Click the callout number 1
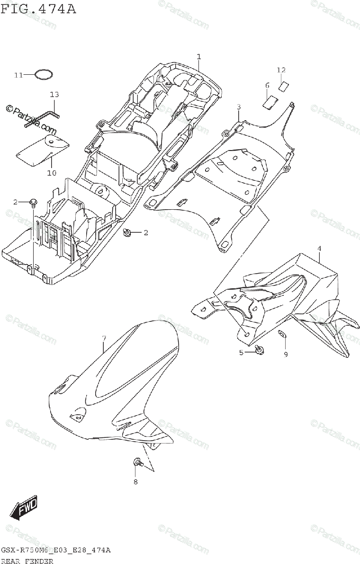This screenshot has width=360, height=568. point(199,57)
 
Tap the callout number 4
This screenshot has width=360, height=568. point(319,248)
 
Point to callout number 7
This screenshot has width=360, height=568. point(104,337)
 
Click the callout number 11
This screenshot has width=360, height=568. point(18,75)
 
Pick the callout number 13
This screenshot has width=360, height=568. point(54,95)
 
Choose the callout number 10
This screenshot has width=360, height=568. point(51,173)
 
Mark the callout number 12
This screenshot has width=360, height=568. point(281,70)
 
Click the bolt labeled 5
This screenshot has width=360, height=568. point(259,350)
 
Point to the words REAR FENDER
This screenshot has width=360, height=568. point(27,561)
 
